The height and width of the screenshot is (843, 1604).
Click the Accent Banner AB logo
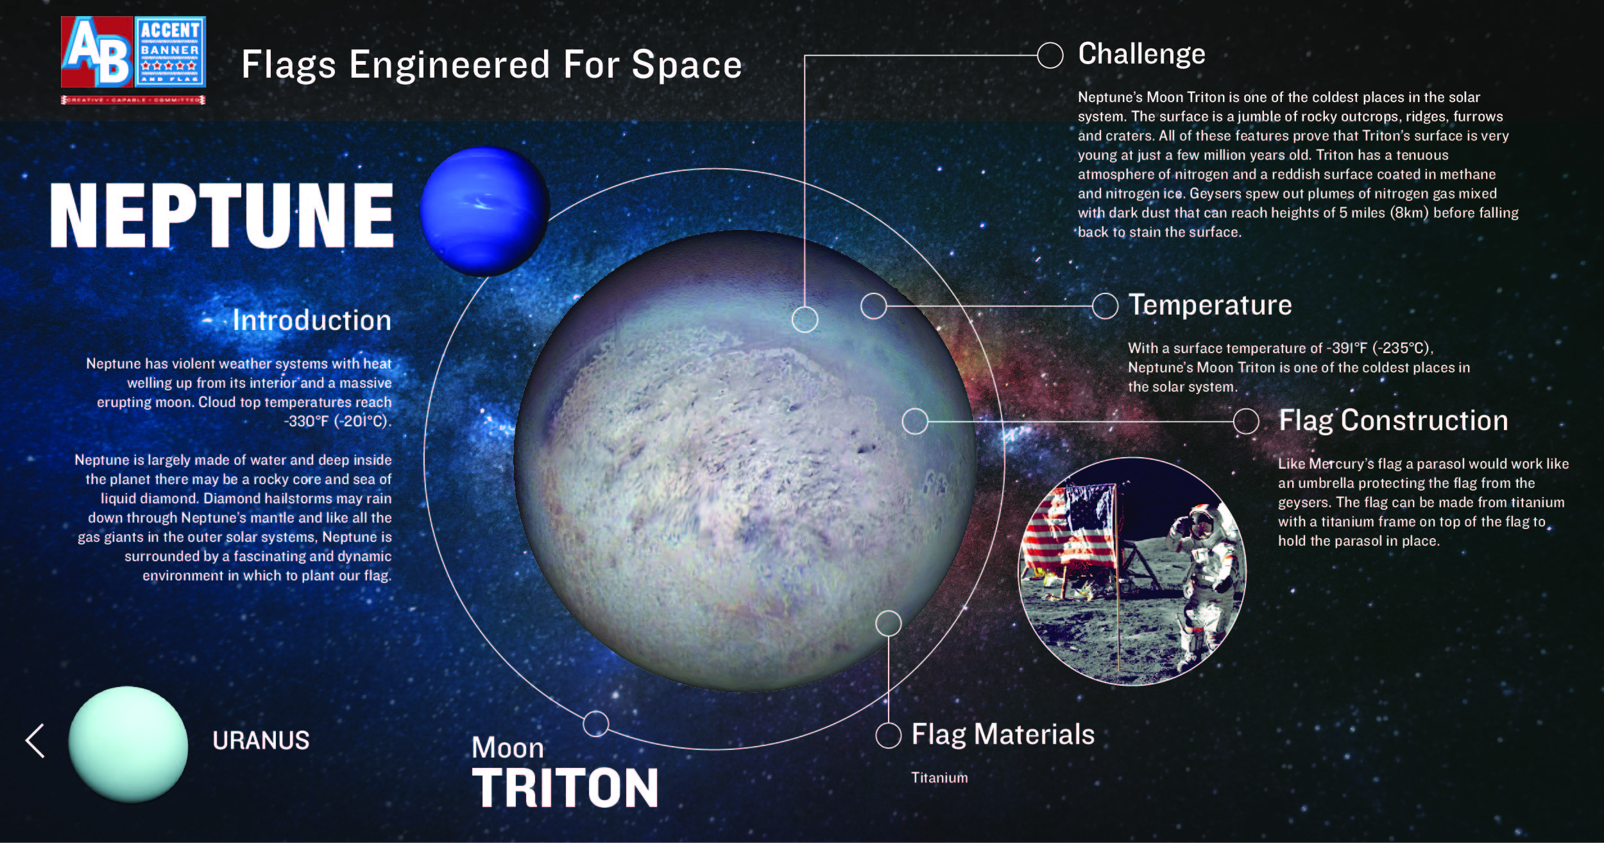(x=133, y=60)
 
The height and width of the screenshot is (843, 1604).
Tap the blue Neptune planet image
(x=485, y=211)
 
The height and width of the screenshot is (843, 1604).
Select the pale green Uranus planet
(x=128, y=744)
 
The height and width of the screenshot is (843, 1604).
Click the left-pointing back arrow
(x=35, y=741)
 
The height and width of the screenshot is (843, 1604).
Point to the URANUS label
(x=261, y=741)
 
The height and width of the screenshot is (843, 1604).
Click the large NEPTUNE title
(x=222, y=215)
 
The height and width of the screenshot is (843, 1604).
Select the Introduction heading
(x=312, y=320)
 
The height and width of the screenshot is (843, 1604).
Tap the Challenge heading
(x=1141, y=55)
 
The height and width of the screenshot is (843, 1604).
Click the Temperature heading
(x=1210, y=305)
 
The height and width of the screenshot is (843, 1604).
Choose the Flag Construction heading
(x=1394, y=421)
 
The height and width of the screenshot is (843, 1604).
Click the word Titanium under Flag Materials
(x=939, y=778)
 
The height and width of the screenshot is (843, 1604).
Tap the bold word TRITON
(x=565, y=788)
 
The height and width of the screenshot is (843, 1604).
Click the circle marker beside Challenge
(x=1050, y=55)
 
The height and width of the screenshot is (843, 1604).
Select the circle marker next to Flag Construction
(x=1246, y=421)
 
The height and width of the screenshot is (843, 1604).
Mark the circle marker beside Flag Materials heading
(x=889, y=735)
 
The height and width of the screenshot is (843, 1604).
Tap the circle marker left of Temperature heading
(x=1105, y=306)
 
